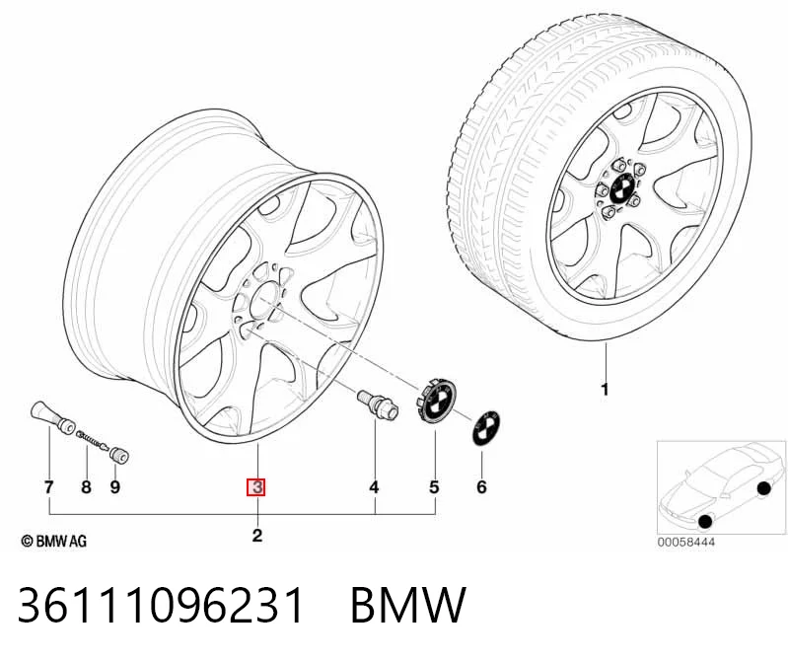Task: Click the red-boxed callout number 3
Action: coord(255,487)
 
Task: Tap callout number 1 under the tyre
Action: coord(606,389)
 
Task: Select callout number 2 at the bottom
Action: coord(257,536)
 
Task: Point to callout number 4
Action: coord(374,487)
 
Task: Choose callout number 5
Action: coord(434,487)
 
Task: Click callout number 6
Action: coord(481,487)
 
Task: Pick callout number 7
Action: coord(48,487)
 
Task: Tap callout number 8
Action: coord(87,487)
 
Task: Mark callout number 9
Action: coord(115,487)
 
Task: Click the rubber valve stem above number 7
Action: coord(52,416)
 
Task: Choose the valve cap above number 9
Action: coord(119,455)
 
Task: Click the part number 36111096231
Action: coord(161,605)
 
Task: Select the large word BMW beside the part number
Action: coord(408,605)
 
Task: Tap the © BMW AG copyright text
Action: coord(54,541)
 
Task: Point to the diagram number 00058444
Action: coord(686,542)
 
